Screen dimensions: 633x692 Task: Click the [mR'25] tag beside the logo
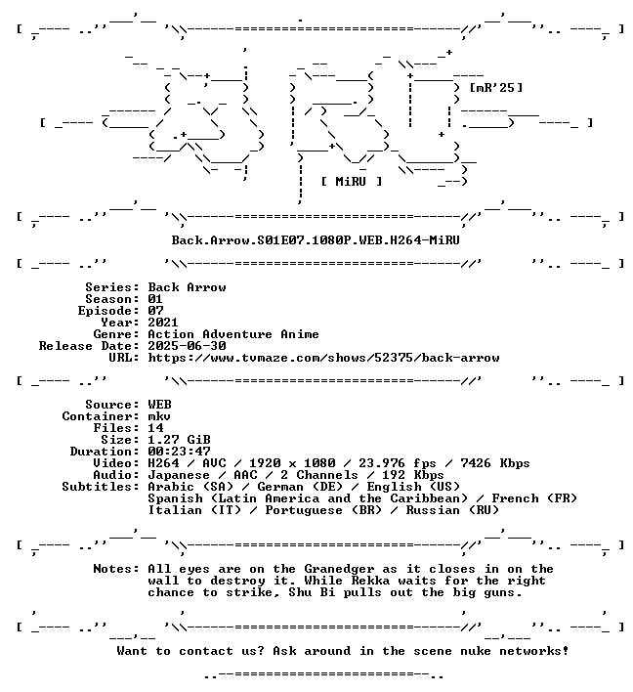point(496,87)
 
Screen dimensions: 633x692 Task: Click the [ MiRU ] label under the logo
point(352,182)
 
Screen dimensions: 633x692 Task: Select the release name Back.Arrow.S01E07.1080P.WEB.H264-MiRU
point(316,240)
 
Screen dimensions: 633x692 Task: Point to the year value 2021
point(163,323)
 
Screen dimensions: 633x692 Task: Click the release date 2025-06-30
point(187,346)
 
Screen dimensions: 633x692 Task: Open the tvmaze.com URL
point(323,358)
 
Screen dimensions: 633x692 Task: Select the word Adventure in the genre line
point(237,334)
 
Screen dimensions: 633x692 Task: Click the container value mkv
point(159,416)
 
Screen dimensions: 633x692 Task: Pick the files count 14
point(155,428)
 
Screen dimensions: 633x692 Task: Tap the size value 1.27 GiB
point(179,440)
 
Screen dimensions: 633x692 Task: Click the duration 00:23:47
point(179,452)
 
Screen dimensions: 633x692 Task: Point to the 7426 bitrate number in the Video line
point(476,463)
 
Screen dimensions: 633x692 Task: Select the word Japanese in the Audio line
point(179,475)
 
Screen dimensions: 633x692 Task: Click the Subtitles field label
point(101,487)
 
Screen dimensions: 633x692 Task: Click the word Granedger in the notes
point(339,569)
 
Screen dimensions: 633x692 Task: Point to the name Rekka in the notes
point(370,581)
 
